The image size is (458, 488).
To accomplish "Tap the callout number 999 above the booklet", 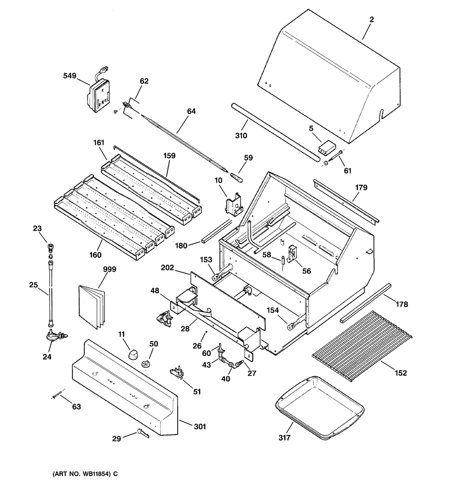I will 109,269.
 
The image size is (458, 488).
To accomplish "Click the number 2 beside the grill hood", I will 371,20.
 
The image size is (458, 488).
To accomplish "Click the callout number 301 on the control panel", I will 199,427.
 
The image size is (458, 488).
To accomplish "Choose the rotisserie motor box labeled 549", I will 99,95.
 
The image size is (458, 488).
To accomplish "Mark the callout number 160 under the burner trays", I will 95,255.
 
